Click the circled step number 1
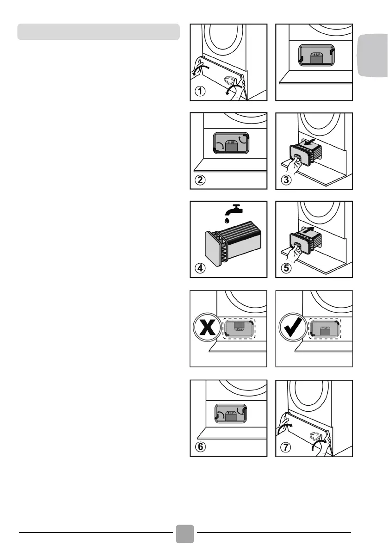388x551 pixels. pos(200,91)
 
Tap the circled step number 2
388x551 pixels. pos(200,180)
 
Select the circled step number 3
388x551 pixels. pos(286,180)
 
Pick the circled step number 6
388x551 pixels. pos(200,447)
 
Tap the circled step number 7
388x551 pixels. pos(286,447)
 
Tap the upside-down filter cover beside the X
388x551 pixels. pos(239,328)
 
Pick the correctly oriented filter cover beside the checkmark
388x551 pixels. pos(325,328)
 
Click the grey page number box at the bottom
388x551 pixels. pos(185,534)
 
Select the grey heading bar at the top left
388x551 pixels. pos(98,31)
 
